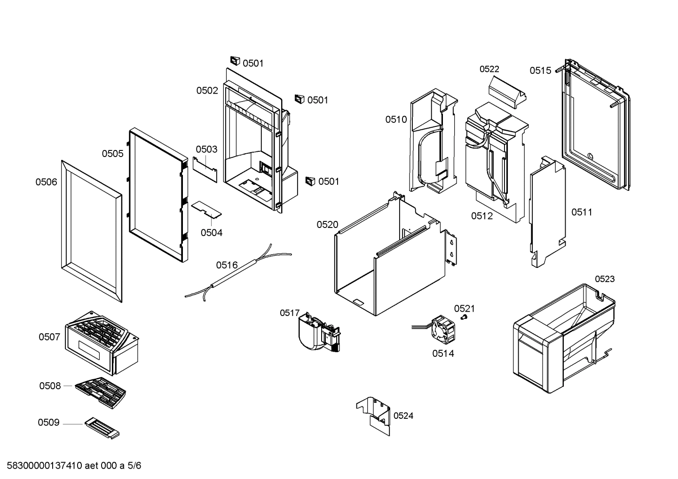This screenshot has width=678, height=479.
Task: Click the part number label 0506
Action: click(46, 182)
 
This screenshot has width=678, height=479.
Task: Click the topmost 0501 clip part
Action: click(235, 61)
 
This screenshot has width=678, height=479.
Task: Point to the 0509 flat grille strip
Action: click(102, 429)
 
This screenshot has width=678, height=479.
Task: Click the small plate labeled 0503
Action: click(205, 168)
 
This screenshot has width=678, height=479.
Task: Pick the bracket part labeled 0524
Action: click(375, 414)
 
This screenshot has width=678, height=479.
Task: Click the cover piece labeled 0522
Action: click(508, 92)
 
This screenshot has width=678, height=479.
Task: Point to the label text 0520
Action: click(327, 225)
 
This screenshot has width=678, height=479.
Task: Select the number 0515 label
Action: click(540, 71)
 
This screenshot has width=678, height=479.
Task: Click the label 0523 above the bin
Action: click(605, 279)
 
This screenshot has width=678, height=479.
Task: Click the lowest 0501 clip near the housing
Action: click(310, 181)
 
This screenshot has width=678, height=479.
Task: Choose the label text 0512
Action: click(482, 216)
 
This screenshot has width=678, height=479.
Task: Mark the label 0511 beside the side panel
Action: click(582, 212)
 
